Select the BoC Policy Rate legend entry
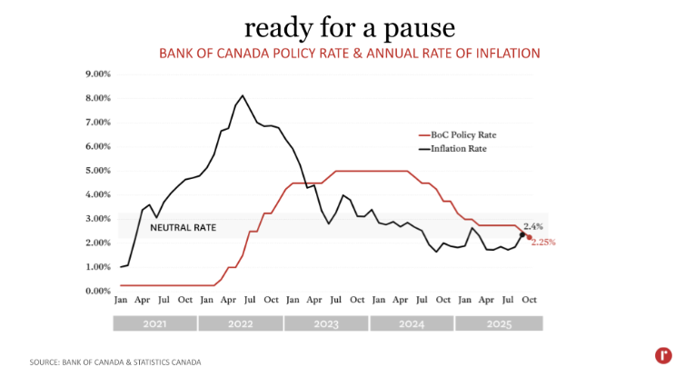[464, 134]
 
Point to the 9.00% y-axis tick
[97, 74]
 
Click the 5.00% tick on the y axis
[97, 170]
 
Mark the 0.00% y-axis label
[97, 291]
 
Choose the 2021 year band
[154, 323]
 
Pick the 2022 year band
[241, 323]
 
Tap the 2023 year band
[326, 323]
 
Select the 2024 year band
[412, 323]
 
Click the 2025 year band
[498, 323]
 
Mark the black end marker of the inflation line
[522, 234]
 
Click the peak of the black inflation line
[243, 95]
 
